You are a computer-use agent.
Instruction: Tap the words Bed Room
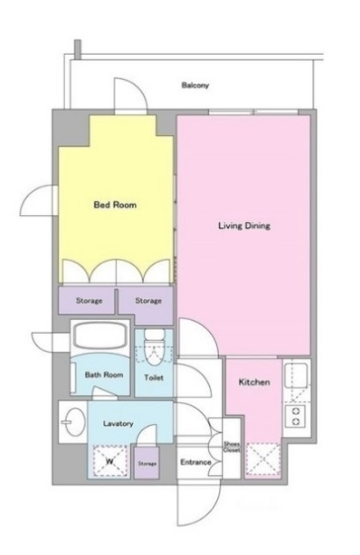(115, 206)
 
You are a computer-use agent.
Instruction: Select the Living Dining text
(245, 226)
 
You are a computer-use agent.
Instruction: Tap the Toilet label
(154, 377)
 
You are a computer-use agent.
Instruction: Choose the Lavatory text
(116, 423)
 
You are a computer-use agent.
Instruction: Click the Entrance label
(195, 462)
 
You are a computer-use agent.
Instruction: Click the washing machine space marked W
(109, 460)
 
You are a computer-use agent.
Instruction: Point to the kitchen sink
(297, 375)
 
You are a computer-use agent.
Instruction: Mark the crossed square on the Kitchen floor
(262, 460)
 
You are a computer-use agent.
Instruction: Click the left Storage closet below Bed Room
(88, 301)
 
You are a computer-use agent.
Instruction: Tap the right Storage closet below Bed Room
(147, 301)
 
